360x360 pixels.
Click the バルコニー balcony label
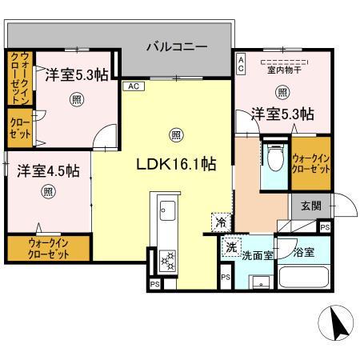178,46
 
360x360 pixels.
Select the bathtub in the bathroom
302,280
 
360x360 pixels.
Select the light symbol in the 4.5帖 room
50,192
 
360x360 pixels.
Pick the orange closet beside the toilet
309,165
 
